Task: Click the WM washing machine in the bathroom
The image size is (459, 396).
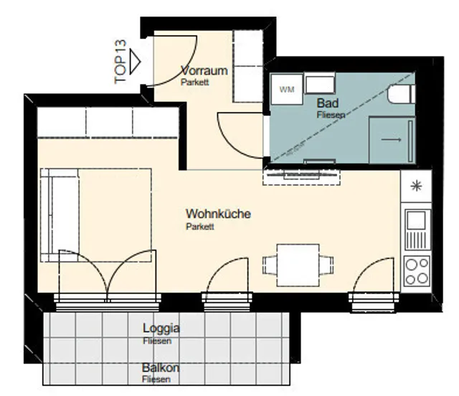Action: (x=287, y=89)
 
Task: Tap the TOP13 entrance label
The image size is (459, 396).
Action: (x=120, y=62)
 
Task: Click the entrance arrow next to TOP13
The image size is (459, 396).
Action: (x=136, y=62)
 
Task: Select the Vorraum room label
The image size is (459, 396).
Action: (x=204, y=70)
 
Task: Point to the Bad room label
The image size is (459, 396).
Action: (x=328, y=103)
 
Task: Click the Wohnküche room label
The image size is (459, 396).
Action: (x=218, y=214)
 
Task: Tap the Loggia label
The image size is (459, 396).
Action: (x=161, y=328)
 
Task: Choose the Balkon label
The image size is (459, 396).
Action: (x=161, y=367)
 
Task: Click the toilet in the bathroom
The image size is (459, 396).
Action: (x=402, y=94)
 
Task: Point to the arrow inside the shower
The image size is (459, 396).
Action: (x=392, y=140)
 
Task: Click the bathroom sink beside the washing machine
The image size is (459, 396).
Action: (x=320, y=83)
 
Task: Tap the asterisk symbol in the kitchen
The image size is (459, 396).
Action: (x=416, y=186)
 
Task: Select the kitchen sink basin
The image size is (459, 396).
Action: (x=416, y=220)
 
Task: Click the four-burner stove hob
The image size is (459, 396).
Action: (x=417, y=270)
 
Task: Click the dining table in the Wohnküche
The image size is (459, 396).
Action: (x=298, y=265)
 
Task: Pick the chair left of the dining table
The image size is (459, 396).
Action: (x=270, y=265)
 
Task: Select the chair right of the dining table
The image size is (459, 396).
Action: (x=326, y=265)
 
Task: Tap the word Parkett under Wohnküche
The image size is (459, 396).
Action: (x=200, y=227)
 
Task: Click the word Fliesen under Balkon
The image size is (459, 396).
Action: (x=156, y=379)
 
